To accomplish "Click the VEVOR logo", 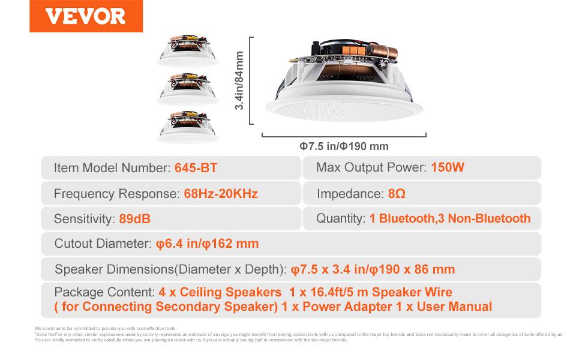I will click(x=86, y=16).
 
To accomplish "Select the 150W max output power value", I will click(x=448, y=167).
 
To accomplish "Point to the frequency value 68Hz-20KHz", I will click(x=221, y=194).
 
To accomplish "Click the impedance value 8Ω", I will click(x=395, y=194).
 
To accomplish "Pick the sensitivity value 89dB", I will click(x=134, y=219).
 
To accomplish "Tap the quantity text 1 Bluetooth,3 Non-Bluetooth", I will click(x=449, y=218).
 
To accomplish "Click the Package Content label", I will click(x=104, y=292).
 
